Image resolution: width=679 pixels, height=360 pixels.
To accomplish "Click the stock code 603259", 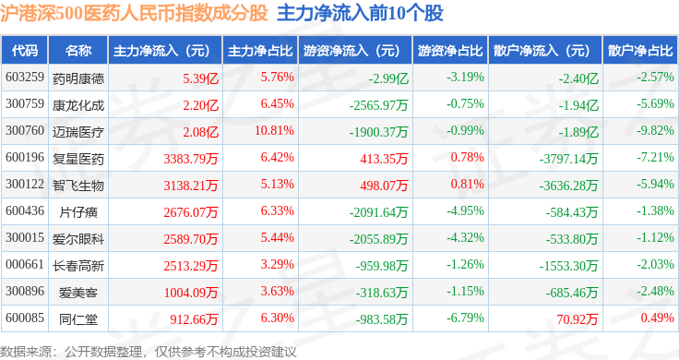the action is pos(25,78).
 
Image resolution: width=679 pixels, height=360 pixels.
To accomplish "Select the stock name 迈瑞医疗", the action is pos(78,131).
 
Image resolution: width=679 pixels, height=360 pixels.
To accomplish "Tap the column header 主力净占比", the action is pos(260,51).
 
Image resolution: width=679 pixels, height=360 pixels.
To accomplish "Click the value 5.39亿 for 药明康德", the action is pos(200,78).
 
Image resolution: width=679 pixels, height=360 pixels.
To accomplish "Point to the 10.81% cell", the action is pos(274,130).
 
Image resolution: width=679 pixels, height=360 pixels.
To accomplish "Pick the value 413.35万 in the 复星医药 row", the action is pos(384,159).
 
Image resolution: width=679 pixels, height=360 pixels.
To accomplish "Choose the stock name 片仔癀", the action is pos(78,211).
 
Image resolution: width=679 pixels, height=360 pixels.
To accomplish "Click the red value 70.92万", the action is pos(577,319).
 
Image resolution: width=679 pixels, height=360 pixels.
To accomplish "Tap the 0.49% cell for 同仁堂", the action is pos(658,318).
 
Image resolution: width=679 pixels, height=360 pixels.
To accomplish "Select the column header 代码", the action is pos(25,51).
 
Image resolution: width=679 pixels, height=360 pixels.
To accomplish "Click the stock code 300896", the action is pos(25,291).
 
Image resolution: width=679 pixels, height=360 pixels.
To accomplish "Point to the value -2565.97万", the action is pos(378,105).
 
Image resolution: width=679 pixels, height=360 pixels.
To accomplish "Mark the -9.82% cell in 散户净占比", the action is pos(655,130).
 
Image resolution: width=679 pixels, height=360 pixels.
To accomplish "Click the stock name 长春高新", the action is pos(78,266).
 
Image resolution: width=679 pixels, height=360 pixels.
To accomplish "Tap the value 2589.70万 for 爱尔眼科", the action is pos(191,239).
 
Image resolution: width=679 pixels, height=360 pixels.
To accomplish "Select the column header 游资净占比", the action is pos(450,51).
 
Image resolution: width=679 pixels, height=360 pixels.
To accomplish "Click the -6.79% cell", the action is pos(465,318).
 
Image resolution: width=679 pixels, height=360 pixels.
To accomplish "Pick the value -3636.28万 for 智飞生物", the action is pos(568,186).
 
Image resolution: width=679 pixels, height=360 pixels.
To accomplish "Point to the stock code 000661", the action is pos(25,264).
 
